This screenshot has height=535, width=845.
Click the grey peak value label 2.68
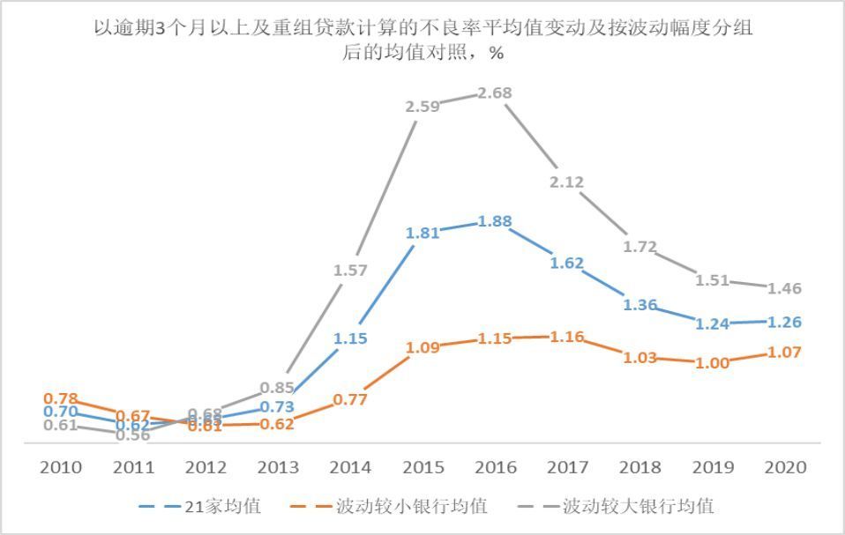pyautogui.click(x=494, y=93)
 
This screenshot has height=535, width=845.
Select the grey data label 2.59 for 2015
pyautogui.click(x=422, y=107)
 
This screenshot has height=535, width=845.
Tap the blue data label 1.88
pyautogui.click(x=494, y=222)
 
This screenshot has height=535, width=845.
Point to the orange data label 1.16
pyautogui.click(x=565, y=337)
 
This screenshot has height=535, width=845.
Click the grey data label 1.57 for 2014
pyautogui.click(x=350, y=271)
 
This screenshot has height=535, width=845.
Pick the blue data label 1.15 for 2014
pyautogui.click(x=350, y=338)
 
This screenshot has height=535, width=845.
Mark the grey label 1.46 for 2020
pyautogui.click(x=784, y=288)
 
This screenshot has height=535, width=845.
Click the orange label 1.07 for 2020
pyautogui.click(x=784, y=353)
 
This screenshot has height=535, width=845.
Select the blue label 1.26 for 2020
pyautogui.click(x=784, y=322)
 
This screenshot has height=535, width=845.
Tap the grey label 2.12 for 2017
pyautogui.click(x=565, y=182)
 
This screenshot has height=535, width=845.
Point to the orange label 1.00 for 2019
pyautogui.click(x=712, y=363)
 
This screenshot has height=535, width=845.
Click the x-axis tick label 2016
pyautogui.click(x=494, y=467)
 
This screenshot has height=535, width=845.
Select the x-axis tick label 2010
pyautogui.click(x=61, y=467)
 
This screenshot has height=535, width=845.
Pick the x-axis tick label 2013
pyautogui.click(x=278, y=467)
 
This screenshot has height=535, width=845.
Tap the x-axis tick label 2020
pyautogui.click(x=784, y=467)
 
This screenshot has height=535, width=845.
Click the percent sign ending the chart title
pyautogui.click(x=497, y=53)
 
